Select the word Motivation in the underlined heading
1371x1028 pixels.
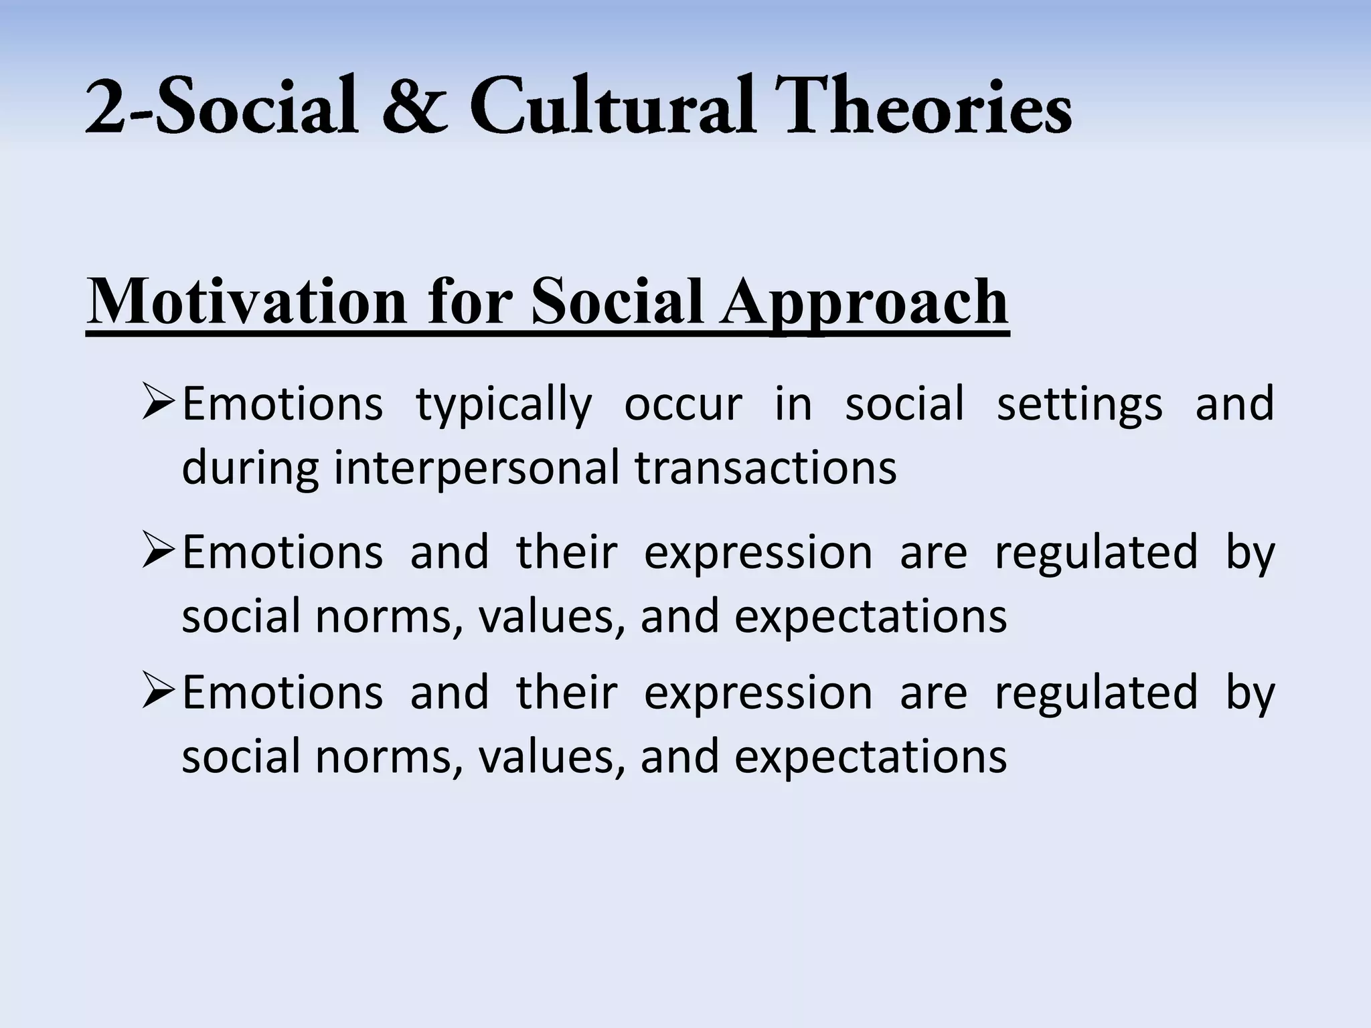pyautogui.click(x=247, y=302)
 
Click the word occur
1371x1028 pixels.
pyautogui.click(x=683, y=406)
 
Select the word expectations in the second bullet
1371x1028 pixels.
pyautogui.click(x=870, y=618)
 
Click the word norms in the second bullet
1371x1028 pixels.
pyautogui.click(x=389, y=618)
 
